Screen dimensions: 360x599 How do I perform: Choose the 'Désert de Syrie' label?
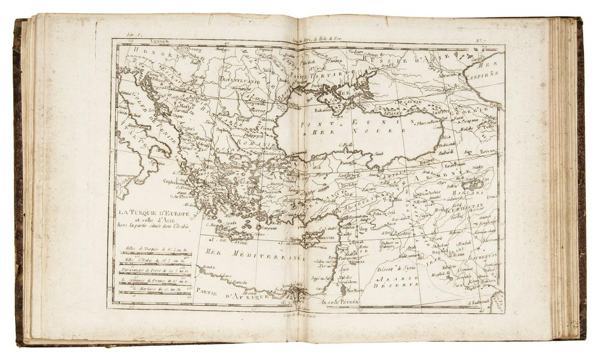tap(399, 268)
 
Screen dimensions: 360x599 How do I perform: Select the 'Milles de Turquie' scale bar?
tap(155, 250)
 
